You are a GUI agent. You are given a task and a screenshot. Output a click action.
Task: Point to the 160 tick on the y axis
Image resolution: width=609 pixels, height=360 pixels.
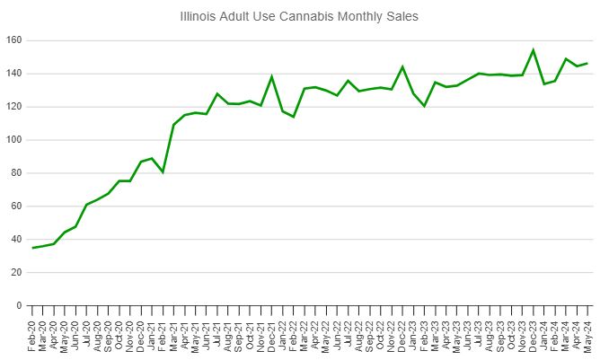(13, 40)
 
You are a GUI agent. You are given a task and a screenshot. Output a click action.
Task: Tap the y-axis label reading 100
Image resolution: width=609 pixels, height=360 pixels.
(13, 140)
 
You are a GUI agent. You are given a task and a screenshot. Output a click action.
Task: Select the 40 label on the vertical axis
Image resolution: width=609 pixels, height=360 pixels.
(16, 240)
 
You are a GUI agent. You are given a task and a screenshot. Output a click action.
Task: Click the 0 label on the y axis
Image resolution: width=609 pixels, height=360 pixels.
(19, 306)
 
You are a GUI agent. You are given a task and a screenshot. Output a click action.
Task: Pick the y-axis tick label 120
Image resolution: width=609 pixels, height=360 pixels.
(13, 107)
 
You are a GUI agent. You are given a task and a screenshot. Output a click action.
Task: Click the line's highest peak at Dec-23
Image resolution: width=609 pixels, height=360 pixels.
(534, 50)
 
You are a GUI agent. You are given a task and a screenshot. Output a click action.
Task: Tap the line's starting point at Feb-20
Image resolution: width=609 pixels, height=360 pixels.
(32, 248)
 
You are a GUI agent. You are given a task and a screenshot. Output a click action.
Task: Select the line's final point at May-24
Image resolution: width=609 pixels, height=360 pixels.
(588, 63)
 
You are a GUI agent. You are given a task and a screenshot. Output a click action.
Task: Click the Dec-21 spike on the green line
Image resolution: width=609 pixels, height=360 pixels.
(271, 77)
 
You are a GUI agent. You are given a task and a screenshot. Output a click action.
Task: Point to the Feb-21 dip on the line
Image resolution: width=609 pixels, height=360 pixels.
(163, 171)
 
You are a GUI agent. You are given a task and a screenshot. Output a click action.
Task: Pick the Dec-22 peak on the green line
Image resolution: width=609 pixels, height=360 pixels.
(402, 66)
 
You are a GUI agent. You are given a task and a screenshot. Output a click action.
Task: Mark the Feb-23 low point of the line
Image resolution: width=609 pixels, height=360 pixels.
(424, 106)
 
